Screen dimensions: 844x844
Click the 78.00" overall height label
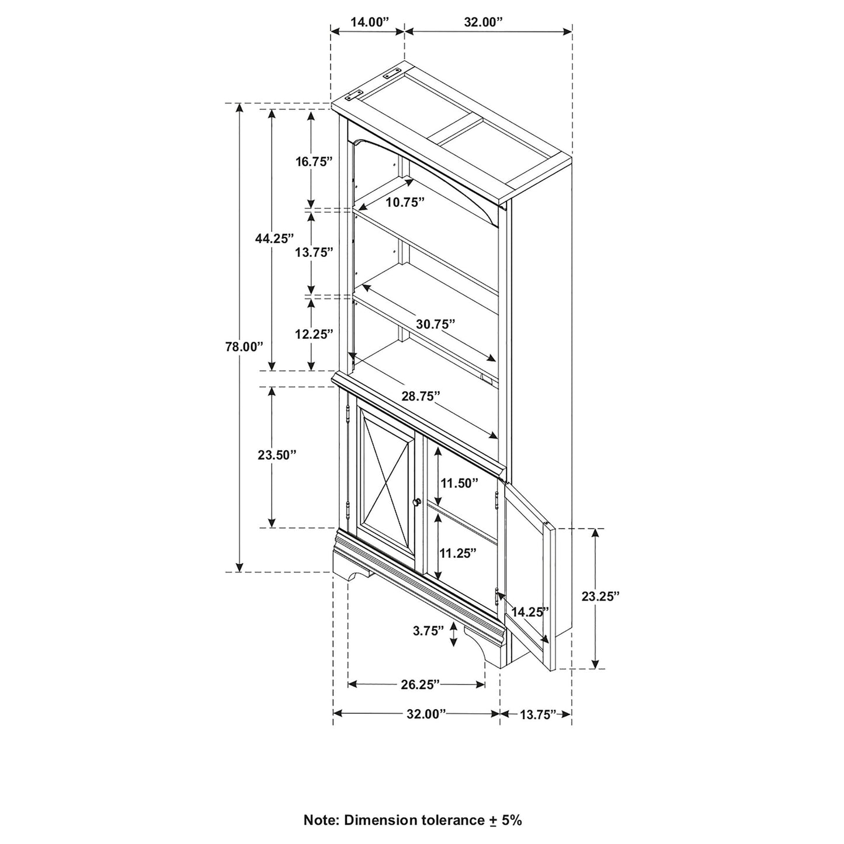pyautogui.click(x=245, y=346)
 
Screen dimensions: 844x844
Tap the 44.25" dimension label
pyautogui.click(x=274, y=238)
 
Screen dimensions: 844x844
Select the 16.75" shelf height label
pyautogui.click(x=314, y=162)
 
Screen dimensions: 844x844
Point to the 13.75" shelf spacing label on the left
pyautogui.click(x=314, y=252)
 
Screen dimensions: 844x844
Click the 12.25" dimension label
pyautogui.click(x=314, y=334)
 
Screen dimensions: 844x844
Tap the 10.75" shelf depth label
pyautogui.click(x=405, y=202)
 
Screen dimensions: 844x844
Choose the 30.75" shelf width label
pyautogui.click(x=435, y=324)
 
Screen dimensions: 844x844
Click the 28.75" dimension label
pyautogui.click(x=421, y=396)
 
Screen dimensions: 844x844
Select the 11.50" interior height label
pyautogui.click(x=459, y=483)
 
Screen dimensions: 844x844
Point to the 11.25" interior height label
pyautogui.click(x=458, y=553)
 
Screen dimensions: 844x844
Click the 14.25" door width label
pyautogui.click(x=530, y=612)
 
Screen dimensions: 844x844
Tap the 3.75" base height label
pyautogui.click(x=428, y=631)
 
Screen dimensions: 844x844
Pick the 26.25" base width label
pyautogui.click(x=420, y=685)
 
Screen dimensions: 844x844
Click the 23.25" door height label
pyautogui.click(x=600, y=596)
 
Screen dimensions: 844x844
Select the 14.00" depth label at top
pyautogui.click(x=369, y=22)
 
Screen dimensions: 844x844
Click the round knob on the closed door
pyautogui.click(x=417, y=502)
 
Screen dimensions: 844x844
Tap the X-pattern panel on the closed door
pyautogui.click(x=386, y=468)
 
